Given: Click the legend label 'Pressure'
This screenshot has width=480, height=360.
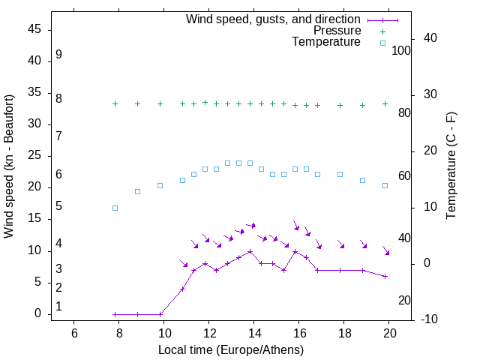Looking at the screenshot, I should click(337, 31).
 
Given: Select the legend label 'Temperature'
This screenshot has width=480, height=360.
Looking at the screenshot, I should click(326, 42).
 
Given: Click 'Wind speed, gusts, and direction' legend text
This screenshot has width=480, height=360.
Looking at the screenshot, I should click(274, 19).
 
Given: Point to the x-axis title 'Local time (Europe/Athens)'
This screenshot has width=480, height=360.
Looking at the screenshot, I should click(231, 349).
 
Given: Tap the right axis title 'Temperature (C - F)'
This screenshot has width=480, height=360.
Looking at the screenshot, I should click(451, 166).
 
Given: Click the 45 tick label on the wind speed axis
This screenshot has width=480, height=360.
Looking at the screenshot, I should click(34, 29).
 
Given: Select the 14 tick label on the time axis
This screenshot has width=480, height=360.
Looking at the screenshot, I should click(254, 333).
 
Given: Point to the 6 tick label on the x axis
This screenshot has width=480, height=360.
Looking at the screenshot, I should click(74, 333).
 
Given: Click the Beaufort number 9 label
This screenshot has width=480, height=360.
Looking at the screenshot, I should click(58, 55).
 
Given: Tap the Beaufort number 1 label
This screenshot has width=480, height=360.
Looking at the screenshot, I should click(58, 306).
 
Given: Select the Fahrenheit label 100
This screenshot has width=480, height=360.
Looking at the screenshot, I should click(401, 50).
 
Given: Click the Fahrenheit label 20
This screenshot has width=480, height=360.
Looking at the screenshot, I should click(404, 300).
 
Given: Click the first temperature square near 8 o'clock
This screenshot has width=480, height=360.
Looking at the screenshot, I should click(115, 208).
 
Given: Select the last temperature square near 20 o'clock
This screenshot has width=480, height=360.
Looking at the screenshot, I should click(385, 185).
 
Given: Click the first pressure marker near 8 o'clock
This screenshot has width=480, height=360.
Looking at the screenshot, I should click(115, 103).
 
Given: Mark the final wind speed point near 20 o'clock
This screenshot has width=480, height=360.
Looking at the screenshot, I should click(385, 276).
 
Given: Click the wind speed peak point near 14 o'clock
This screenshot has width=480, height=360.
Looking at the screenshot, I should click(250, 251).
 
